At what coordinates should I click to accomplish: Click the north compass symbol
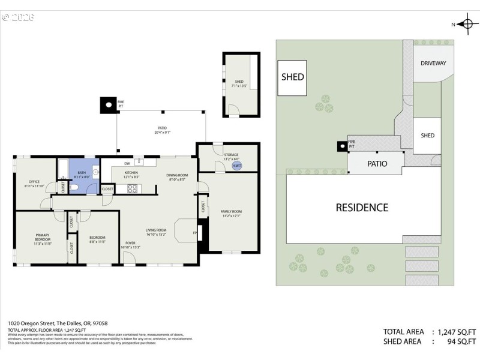(x=466, y=24)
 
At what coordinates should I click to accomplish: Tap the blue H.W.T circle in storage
(x=236, y=166)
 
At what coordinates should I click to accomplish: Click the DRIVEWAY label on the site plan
(x=433, y=63)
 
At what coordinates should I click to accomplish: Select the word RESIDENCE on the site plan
(x=362, y=208)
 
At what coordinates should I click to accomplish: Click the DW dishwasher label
(x=127, y=163)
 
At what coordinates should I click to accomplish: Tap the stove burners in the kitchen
(x=133, y=188)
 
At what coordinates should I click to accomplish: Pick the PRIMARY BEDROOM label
(x=43, y=239)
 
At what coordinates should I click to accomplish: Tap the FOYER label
(x=130, y=245)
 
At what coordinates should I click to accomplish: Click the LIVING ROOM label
(x=155, y=232)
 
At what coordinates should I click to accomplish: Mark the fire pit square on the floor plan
(x=108, y=106)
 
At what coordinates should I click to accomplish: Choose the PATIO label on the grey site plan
(x=377, y=163)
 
